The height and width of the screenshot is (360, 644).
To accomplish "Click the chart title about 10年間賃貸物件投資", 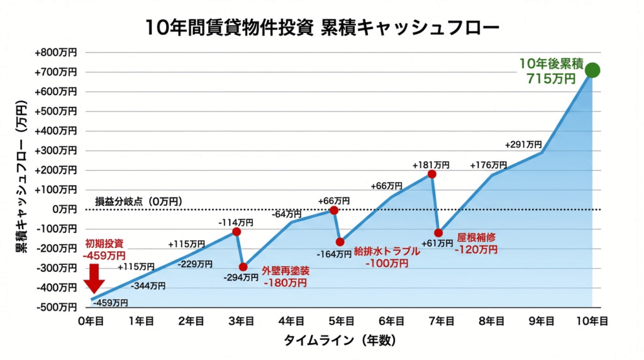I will [x=322, y=27].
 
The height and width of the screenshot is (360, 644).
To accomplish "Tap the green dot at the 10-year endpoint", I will [x=592, y=70].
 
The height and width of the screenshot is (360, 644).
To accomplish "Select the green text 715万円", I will [x=552, y=79].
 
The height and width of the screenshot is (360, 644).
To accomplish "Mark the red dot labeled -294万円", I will [x=243, y=267].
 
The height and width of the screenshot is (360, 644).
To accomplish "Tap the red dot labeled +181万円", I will [x=431, y=174].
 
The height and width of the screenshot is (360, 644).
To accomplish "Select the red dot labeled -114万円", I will [x=236, y=232].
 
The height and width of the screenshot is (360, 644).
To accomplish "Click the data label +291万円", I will [x=523, y=144].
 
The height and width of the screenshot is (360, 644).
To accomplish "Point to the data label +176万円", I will [x=488, y=165].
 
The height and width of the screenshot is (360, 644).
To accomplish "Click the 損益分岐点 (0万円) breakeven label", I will [x=138, y=201].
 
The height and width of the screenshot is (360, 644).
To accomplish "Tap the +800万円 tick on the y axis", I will [x=57, y=53].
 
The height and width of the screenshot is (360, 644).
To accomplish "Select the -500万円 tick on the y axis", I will [x=57, y=307].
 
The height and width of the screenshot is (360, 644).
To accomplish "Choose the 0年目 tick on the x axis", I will [x=91, y=320].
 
